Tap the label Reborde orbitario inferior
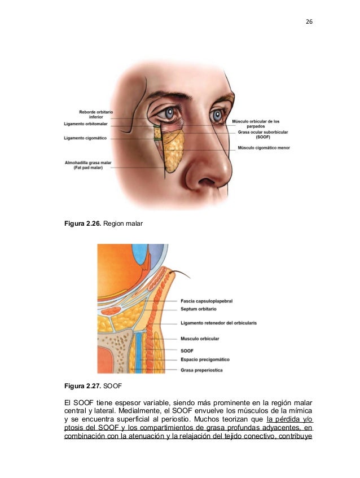click(x=96, y=115)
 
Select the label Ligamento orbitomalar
click(x=88, y=124)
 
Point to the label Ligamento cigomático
click(x=89, y=137)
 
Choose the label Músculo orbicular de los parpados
click(x=256, y=124)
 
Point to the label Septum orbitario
click(x=199, y=309)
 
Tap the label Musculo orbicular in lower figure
click(x=200, y=339)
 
